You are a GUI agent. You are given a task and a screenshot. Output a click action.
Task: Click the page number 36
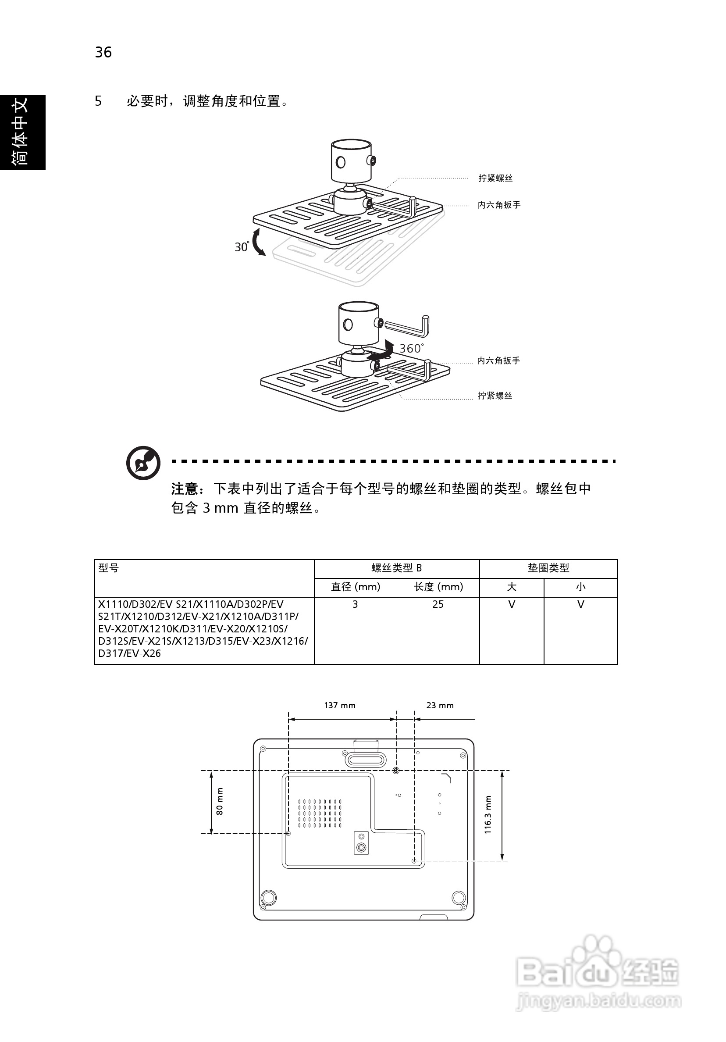(x=103, y=53)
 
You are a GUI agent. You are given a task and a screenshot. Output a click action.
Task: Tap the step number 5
(x=98, y=101)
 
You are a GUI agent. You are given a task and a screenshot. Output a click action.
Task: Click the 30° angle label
(x=242, y=247)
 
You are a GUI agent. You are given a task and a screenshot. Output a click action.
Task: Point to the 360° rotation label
(x=411, y=348)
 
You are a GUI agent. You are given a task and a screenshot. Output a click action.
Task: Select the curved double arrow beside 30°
(x=258, y=243)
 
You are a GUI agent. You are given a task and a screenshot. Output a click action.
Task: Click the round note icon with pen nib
(x=143, y=463)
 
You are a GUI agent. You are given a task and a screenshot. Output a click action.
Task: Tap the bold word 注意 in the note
(x=185, y=489)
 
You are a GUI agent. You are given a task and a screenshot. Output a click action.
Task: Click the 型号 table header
(x=109, y=568)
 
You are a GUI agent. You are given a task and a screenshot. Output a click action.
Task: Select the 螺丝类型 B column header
(x=397, y=568)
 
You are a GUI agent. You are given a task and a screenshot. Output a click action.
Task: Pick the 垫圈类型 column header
(x=548, y=568)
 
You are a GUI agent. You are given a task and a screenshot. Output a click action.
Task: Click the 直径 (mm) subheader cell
(x=355, y=587)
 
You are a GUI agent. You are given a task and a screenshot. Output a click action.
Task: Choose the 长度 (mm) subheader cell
(x=438, y=587)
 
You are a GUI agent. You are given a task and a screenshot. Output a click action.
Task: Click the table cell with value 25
(x=438, y=604)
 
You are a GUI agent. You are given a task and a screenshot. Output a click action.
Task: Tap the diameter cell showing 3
(x=355, y=604)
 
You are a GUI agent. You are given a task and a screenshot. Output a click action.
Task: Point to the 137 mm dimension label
(x=339, y=706)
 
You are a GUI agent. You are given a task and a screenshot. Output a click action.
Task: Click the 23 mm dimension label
(x=440, y=706)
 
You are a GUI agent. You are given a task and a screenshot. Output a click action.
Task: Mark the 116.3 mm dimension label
(x=488, y=815)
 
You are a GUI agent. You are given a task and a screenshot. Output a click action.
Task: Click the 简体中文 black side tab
(x=22, y=132)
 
